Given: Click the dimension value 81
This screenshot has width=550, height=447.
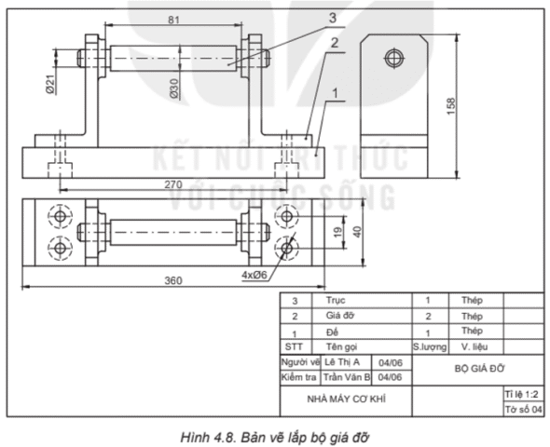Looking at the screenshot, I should [x=174, y=19].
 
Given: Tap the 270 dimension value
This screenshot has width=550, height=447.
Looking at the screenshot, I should [x=172, y=184].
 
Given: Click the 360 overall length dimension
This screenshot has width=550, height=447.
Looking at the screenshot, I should [x=172, y=280].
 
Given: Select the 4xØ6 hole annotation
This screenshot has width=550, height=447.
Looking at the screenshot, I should [x=255, y=275].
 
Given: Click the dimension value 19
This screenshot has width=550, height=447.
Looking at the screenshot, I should [x=338, y=230].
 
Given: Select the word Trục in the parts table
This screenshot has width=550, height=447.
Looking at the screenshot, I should [x=337, y=301].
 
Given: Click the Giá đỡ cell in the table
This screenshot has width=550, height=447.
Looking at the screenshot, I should [x=340, y=316].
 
